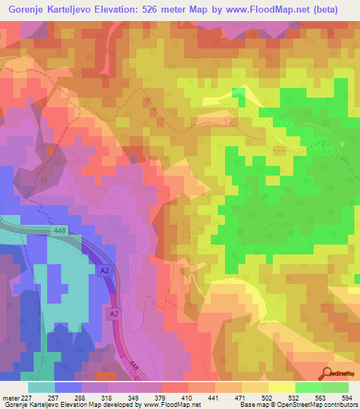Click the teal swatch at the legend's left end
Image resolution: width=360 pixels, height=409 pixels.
[41, 388]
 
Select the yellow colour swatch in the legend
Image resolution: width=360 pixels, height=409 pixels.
[282, 388]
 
